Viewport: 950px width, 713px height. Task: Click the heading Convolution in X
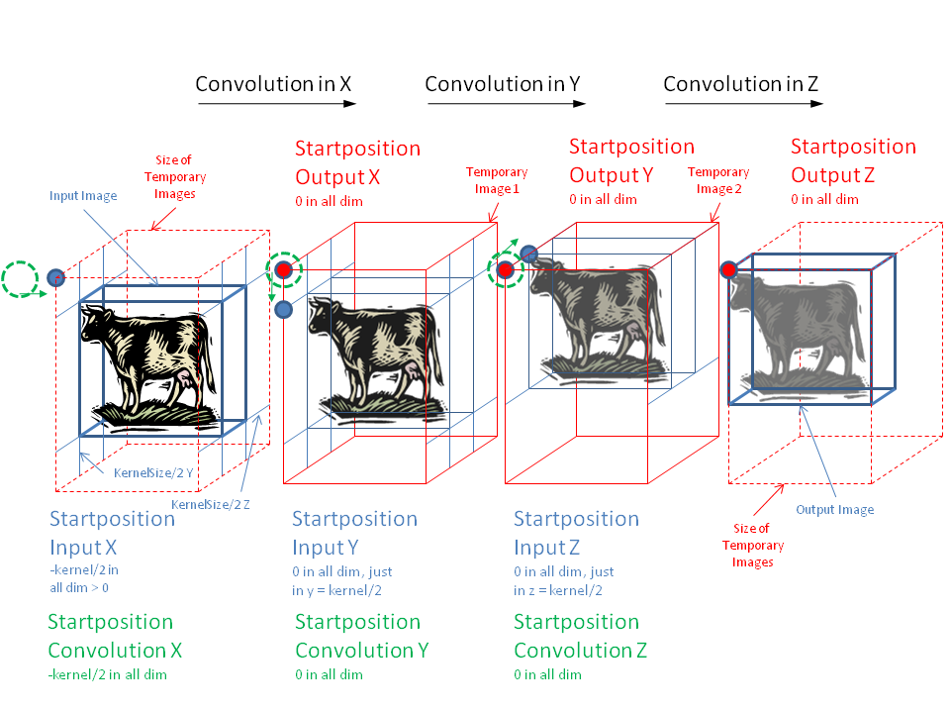point(273,84)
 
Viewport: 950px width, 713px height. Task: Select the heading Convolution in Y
point(502,84)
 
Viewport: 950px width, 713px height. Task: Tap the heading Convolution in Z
point(740,84)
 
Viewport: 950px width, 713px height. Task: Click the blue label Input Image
point(83,196)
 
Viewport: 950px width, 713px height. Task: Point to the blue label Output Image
point(835,510)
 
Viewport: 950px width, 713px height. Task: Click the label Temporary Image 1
point(497,180)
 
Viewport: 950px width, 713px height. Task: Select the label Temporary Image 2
point(718,181)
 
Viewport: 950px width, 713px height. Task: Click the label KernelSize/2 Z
point(211,505)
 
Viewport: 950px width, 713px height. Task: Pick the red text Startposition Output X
point(357,162)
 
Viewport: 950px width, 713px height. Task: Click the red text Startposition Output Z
point(853,160)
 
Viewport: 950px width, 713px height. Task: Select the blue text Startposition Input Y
point(354,533)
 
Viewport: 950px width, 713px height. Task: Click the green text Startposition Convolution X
point(115,636)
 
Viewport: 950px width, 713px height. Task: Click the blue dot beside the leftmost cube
point(56,276)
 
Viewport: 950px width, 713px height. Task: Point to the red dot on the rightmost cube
point(729,269)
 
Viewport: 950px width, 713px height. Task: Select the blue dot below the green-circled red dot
point(284,309)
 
